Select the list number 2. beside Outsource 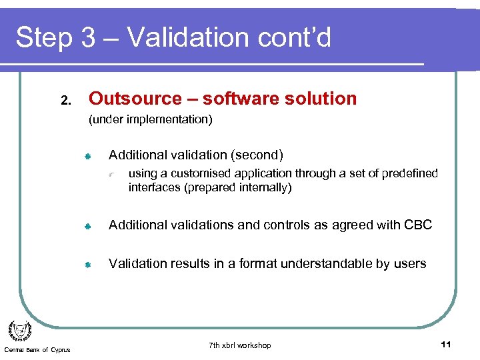click(x=65, y=101)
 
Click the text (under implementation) click(x=151, y=120)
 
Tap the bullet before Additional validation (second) click(x=87, y=156)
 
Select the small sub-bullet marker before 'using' click(x=113, y=175)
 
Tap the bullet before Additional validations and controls click(x=87, y=225)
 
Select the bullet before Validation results click(x=87, y=264)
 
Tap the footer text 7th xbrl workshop click(x=240, y=345)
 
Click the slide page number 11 click(x=446, y=344)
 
